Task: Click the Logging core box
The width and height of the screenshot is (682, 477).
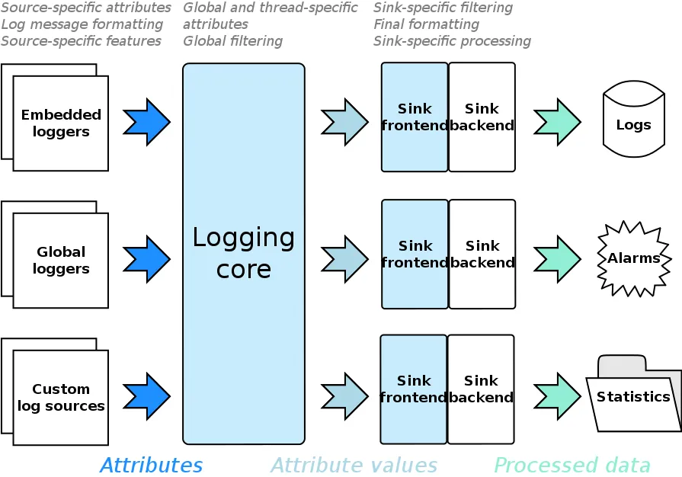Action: point(244,253)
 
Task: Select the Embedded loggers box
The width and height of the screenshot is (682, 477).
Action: point(61,123)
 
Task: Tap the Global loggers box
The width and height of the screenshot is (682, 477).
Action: point(61,260)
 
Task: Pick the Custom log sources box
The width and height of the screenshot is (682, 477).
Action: point(61,397)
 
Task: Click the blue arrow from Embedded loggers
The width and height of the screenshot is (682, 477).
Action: point(146,122)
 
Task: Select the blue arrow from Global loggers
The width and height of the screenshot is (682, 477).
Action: point(146,259)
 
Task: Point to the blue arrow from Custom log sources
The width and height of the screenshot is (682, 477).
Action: point(146,396)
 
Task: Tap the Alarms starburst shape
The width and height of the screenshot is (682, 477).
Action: point(633,258)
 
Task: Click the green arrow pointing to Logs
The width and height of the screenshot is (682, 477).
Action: point(557,122)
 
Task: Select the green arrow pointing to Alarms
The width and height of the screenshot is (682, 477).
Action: point(557,259)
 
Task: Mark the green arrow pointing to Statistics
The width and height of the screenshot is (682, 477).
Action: point(557,396)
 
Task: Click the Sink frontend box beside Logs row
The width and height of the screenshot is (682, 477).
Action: point(415,117)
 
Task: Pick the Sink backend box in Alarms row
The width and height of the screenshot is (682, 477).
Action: point(482,254)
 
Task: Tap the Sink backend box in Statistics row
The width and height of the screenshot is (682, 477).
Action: point(481,389)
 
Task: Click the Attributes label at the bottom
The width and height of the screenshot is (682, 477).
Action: point(152,466)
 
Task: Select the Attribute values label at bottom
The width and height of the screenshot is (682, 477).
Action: point(354,466)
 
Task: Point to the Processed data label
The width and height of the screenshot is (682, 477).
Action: point(572,466)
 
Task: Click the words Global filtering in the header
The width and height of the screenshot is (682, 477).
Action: point(232,41)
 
